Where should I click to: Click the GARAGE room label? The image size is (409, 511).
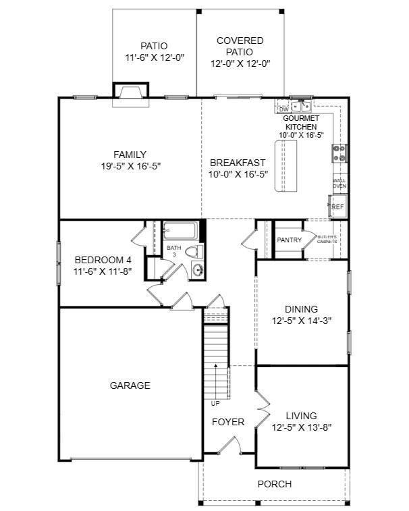[x=130, y=385]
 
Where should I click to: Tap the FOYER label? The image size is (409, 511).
[x=228, y=422]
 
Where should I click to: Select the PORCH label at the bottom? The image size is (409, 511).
[x=275, y=484]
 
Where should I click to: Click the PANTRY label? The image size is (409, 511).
[x=289, y=240]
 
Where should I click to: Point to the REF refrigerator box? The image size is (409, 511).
[x=337, y=207]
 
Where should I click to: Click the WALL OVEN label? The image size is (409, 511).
[x=339, y=183]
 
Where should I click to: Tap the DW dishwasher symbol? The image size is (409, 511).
[x=283, y=109]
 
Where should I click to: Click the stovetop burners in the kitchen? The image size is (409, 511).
[x=339, y=154]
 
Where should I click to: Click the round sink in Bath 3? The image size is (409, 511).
[x=198, y=271]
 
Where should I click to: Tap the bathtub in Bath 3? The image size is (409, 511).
[x=181, y=231]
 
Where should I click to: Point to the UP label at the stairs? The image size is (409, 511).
[x=215, y=404]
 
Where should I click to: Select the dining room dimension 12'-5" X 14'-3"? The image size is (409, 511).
[x=301, y=321]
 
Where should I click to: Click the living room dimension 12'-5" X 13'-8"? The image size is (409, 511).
[x=301, y=427]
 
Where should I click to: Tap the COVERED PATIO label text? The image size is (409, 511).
[x=240, y=47]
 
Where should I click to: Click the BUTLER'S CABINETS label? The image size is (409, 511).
[x=327, y=240]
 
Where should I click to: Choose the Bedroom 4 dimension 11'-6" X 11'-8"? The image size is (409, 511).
[x=103, y=271]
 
